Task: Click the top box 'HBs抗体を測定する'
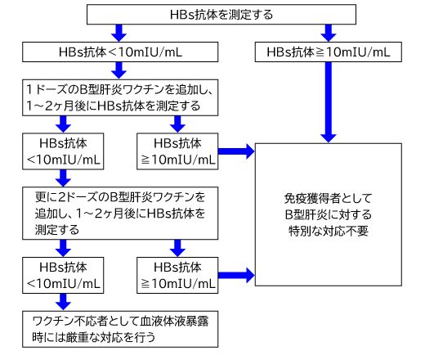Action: (221, 15)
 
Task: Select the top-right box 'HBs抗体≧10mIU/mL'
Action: (329, 52)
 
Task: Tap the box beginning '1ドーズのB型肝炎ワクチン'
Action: (120, 97)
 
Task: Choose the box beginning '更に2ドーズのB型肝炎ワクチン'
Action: (120, 214)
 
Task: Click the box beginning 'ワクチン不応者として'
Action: (120, 329)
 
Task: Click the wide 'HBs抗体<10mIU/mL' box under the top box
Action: (120, 52)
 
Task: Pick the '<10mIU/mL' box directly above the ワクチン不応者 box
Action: (63, 275)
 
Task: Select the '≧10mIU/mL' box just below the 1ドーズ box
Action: (177, 151)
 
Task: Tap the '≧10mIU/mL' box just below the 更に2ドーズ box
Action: (177, 275)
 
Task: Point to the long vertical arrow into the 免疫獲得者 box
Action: (329, 102)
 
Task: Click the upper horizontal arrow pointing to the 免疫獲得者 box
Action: (236, 151)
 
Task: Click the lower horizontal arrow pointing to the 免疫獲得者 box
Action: (236, 275)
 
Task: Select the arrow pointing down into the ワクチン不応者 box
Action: (63, 302)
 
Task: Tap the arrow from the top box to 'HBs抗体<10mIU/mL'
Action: (119, 33)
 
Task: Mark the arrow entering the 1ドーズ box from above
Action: (119, 70)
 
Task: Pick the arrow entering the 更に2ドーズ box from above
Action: (63, 178)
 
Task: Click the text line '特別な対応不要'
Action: (329, 231)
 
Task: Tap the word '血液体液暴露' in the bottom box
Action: (174, 322)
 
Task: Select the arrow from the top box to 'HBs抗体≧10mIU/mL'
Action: (329, 33)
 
